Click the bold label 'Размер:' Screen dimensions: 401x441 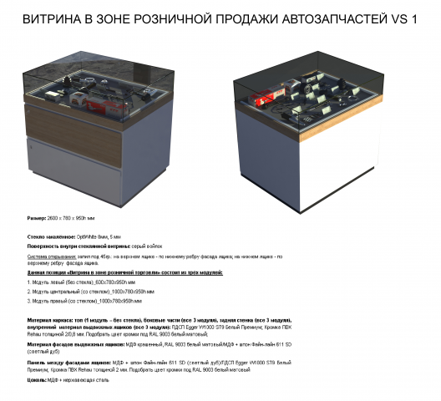point(37,216)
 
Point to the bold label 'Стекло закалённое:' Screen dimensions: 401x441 point(49,237)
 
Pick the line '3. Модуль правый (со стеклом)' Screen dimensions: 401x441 point(71,301)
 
